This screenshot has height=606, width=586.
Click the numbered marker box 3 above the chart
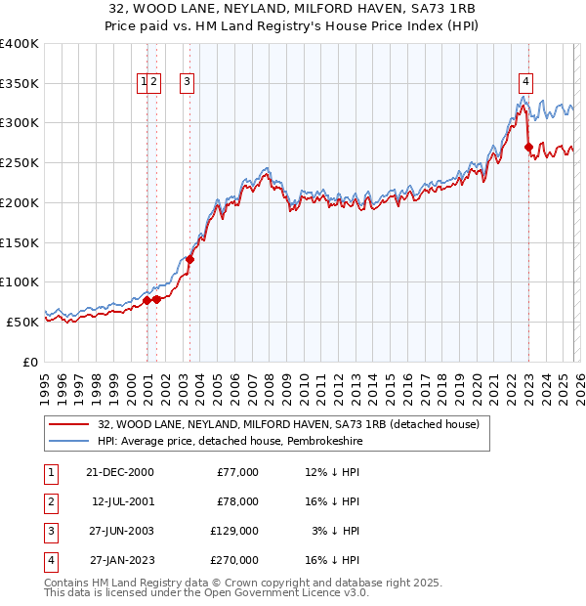tap(186, 83)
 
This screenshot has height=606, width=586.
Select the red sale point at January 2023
tap(528, 148)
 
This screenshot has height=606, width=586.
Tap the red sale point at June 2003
tap(190, 259)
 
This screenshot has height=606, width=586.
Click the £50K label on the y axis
tap(22, 321)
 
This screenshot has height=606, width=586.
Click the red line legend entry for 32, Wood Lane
tap(288, 425)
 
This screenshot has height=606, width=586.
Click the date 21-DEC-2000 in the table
tap(120, 472)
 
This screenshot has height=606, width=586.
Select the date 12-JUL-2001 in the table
tap(122, 501)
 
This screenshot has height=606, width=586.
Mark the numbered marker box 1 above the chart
tap(144, 83)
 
